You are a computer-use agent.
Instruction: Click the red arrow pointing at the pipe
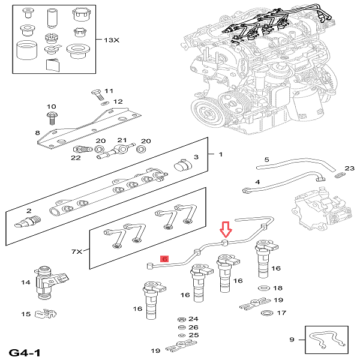click(226, 230)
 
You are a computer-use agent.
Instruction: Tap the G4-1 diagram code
click(25, 351)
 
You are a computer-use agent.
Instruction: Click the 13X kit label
click(112, 40)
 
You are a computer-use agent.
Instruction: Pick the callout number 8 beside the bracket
click(37, 133)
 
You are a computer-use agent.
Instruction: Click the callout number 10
click(51, 107)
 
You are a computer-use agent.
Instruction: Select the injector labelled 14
click(48, 283)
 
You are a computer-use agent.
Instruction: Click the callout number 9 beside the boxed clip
click(292, 340)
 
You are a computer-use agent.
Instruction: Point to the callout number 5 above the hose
click(267, 160)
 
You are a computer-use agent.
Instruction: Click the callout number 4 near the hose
click(257, 182)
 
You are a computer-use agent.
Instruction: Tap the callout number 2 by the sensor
click(28, 211)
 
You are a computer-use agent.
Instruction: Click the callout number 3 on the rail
click(195, 157)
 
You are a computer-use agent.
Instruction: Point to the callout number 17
click(281, 313)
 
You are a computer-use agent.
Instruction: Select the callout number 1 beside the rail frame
click(220, 154)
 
